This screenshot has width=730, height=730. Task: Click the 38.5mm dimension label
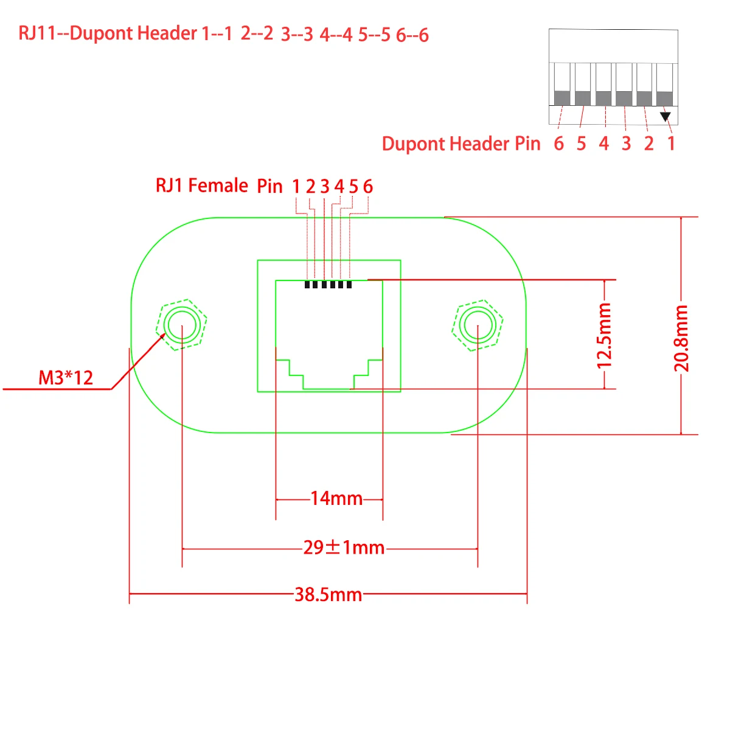click(x=328, y=594)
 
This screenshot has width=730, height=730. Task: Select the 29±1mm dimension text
click(x=344, y=547)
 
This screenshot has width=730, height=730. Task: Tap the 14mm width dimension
click(x=336, y=499)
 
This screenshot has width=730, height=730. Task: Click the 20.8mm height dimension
click(x=681, y=338)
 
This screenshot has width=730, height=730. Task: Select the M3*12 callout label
click(x=66, y=378)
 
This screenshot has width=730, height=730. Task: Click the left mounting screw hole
click(x=182, y=325)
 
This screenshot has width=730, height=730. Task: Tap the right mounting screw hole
click(x=478, y=325)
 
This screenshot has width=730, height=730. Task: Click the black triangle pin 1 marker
click(x=665, y=116)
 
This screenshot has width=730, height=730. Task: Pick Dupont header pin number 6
click(x=558, y=144)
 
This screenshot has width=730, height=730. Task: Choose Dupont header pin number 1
click(x=671, y=144)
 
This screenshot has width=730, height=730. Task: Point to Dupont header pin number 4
click(x=603, y=144)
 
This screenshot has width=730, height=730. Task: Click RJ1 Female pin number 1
click(x=296, y=186)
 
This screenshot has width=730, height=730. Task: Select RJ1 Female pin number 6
click(x=367, y=186)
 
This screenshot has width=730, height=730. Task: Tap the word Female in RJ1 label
click(x=218, y=185)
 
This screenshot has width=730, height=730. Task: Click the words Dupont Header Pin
click(x=461, y=144)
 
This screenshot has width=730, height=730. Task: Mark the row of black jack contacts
click(x=328, y=284)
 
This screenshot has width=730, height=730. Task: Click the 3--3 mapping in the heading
click(x=297, y=35)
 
